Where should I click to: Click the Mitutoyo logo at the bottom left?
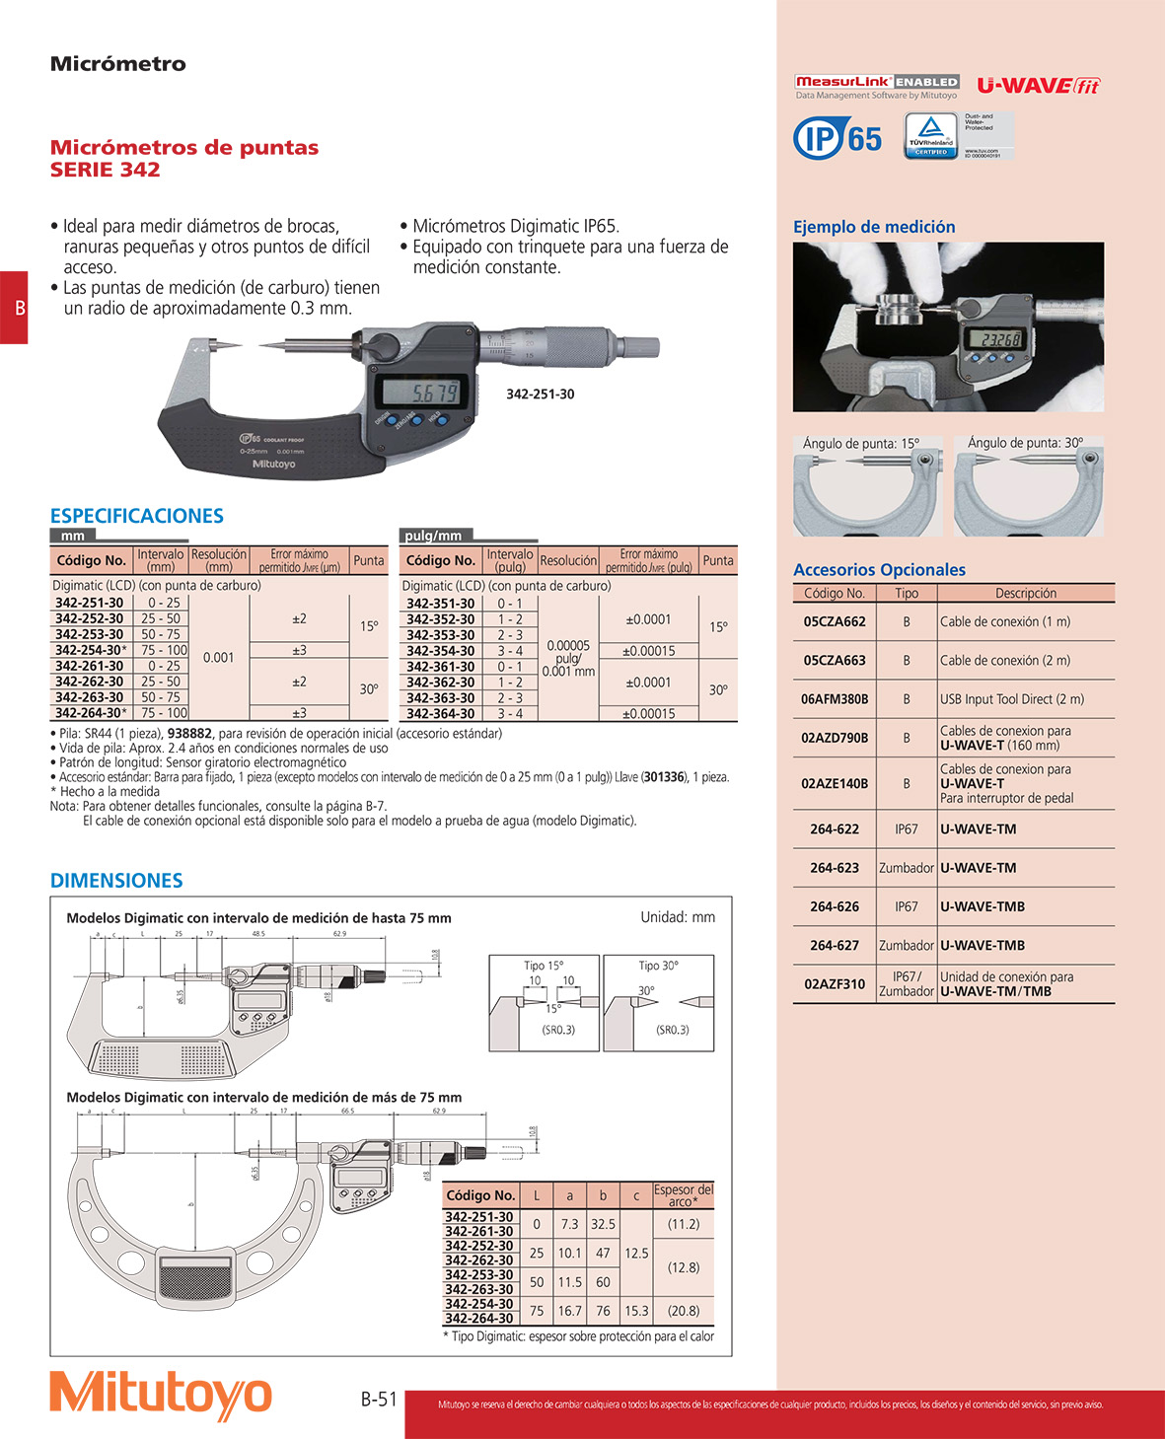[161, 1395]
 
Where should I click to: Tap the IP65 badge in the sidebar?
[837, 137]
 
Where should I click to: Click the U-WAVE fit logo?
[1038, 86]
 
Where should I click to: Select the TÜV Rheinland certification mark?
[930, 135]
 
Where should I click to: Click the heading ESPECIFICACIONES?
[137, 516]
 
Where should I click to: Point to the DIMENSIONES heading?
[116, 881]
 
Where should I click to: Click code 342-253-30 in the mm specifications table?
[90, 634]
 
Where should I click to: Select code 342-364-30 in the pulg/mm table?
[440, 713]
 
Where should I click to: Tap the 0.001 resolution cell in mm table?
[218, 658]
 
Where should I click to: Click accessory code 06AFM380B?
[835, 699]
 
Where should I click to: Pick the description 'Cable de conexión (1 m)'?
[1004, 622]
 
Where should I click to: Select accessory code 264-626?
[835, 906]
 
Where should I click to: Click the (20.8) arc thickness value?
[684, 1311]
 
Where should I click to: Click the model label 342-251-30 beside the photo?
[540, 395]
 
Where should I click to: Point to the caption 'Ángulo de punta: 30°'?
[1025, 443]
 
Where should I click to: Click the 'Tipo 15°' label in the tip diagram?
[544, 966]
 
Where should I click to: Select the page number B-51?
[379, 1399]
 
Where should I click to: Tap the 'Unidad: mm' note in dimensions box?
[678, 917]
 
